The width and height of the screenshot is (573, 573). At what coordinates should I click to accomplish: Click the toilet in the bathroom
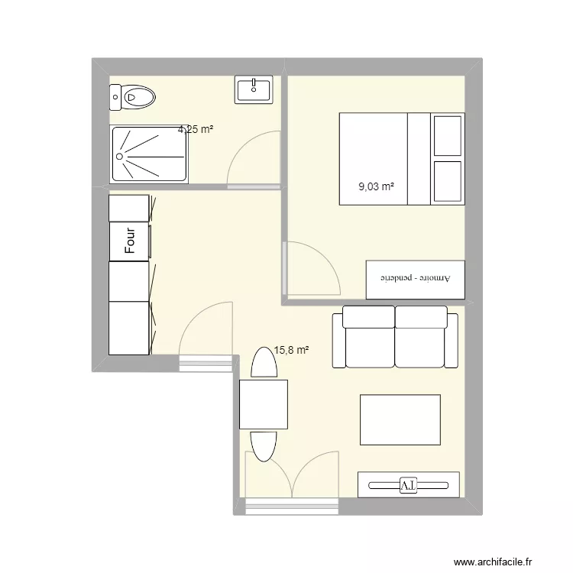pos(134,96)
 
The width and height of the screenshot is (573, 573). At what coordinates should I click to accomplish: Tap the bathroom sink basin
pos(254,90)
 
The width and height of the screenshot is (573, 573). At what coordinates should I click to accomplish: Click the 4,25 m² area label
pos(196,130)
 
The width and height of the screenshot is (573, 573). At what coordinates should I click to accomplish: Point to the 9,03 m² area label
pos(377,186)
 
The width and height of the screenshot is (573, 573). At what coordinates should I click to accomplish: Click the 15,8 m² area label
pos(292,351)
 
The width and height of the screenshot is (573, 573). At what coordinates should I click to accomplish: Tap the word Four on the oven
pos(130,241)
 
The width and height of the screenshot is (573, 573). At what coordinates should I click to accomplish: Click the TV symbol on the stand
pos(408,484)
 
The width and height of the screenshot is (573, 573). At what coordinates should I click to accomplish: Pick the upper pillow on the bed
pos(447,135)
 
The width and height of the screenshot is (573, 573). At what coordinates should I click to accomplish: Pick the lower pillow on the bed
pos(447,182)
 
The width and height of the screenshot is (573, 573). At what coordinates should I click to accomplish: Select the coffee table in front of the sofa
pos(400,419)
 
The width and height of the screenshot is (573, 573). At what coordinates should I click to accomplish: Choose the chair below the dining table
pos(264,444)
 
